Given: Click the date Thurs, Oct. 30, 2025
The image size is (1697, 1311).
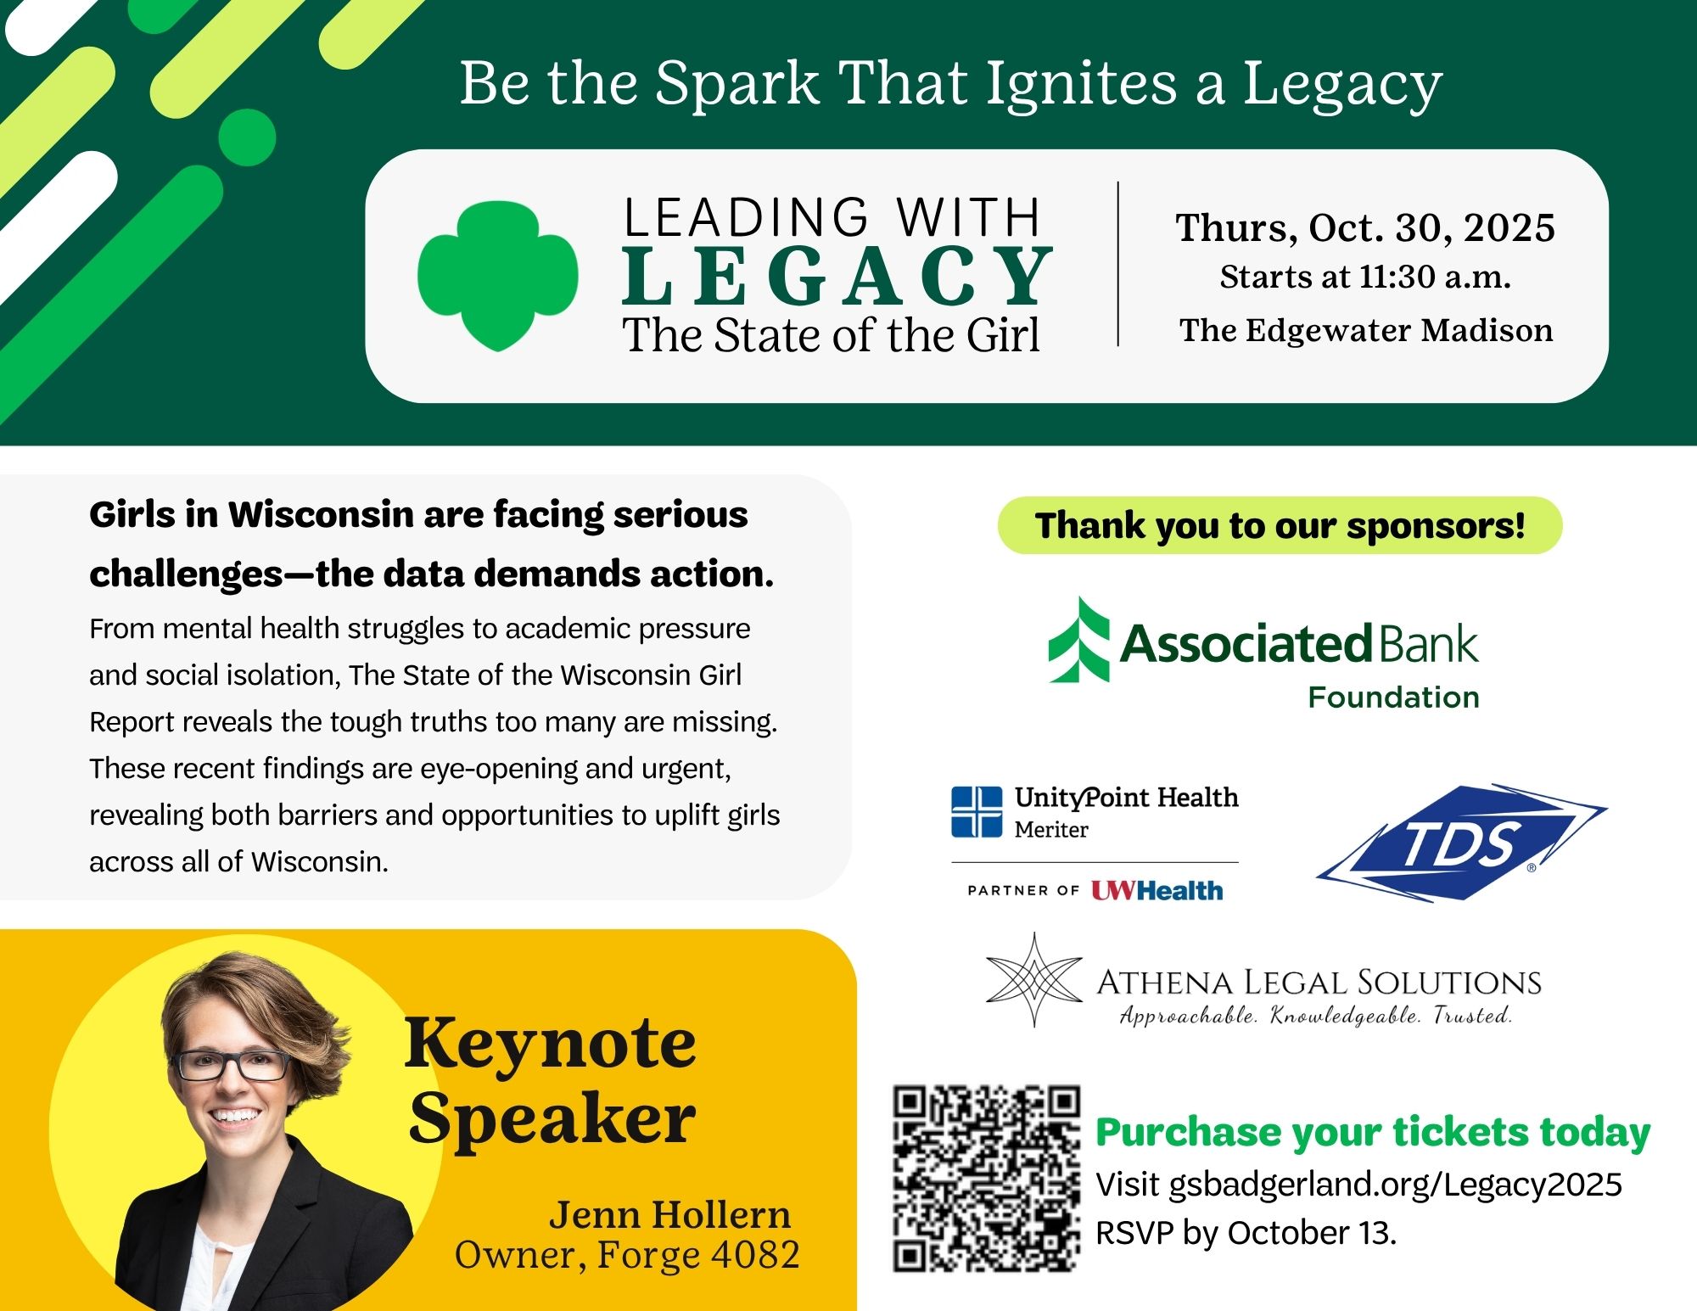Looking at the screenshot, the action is [1365, 227].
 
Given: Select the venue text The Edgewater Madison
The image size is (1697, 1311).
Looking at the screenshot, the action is [1366, 330].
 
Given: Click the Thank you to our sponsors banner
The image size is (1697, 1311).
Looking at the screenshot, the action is [1280, 525].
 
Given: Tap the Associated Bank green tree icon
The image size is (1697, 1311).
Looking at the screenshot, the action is [1079, 640].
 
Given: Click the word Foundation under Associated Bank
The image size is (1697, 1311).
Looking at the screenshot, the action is [1394, 698].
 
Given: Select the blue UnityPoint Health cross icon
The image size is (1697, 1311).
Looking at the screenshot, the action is [977, 812].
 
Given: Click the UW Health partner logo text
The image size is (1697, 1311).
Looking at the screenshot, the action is [1157, 890].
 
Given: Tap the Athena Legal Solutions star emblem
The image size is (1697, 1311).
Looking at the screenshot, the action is [1034, 980].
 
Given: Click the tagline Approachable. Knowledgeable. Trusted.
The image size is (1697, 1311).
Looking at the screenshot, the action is [1316, 1016].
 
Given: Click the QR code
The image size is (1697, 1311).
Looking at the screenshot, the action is [987, 1179].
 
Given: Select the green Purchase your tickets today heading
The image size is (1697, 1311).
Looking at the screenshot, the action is [1373, 1132].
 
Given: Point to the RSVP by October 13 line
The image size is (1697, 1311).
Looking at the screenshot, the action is [1246, 1233].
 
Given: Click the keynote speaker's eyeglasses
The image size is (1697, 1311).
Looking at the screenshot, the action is [231, 1065].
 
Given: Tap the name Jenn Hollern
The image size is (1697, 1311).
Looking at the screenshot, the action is [670, 1215].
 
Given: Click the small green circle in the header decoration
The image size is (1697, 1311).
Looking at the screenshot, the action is [247, 137].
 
